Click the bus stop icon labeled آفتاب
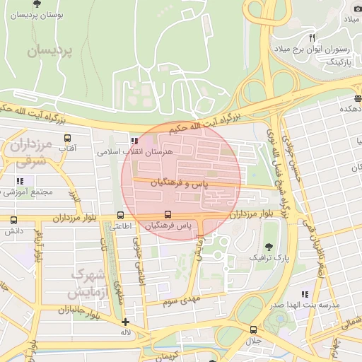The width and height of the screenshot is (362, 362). (68, 138)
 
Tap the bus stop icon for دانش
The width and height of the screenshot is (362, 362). (13, 221)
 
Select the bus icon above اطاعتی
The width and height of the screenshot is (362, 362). (120, 216)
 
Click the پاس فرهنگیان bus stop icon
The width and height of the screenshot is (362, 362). (168, 214)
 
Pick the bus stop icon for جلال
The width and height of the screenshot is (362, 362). (253, 329)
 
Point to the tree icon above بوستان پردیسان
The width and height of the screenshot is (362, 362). (36, 4)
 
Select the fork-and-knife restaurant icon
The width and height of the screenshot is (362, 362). (312, 37)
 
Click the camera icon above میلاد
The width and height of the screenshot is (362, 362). (357, 8)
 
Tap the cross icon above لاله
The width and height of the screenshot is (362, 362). (125, 322)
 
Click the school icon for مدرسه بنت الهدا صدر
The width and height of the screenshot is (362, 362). (305, 294)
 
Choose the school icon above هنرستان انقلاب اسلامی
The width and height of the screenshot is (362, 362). (134, 141)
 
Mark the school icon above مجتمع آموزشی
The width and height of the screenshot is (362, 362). (19, 182)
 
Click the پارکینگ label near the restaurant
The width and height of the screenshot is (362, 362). (337, 62)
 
